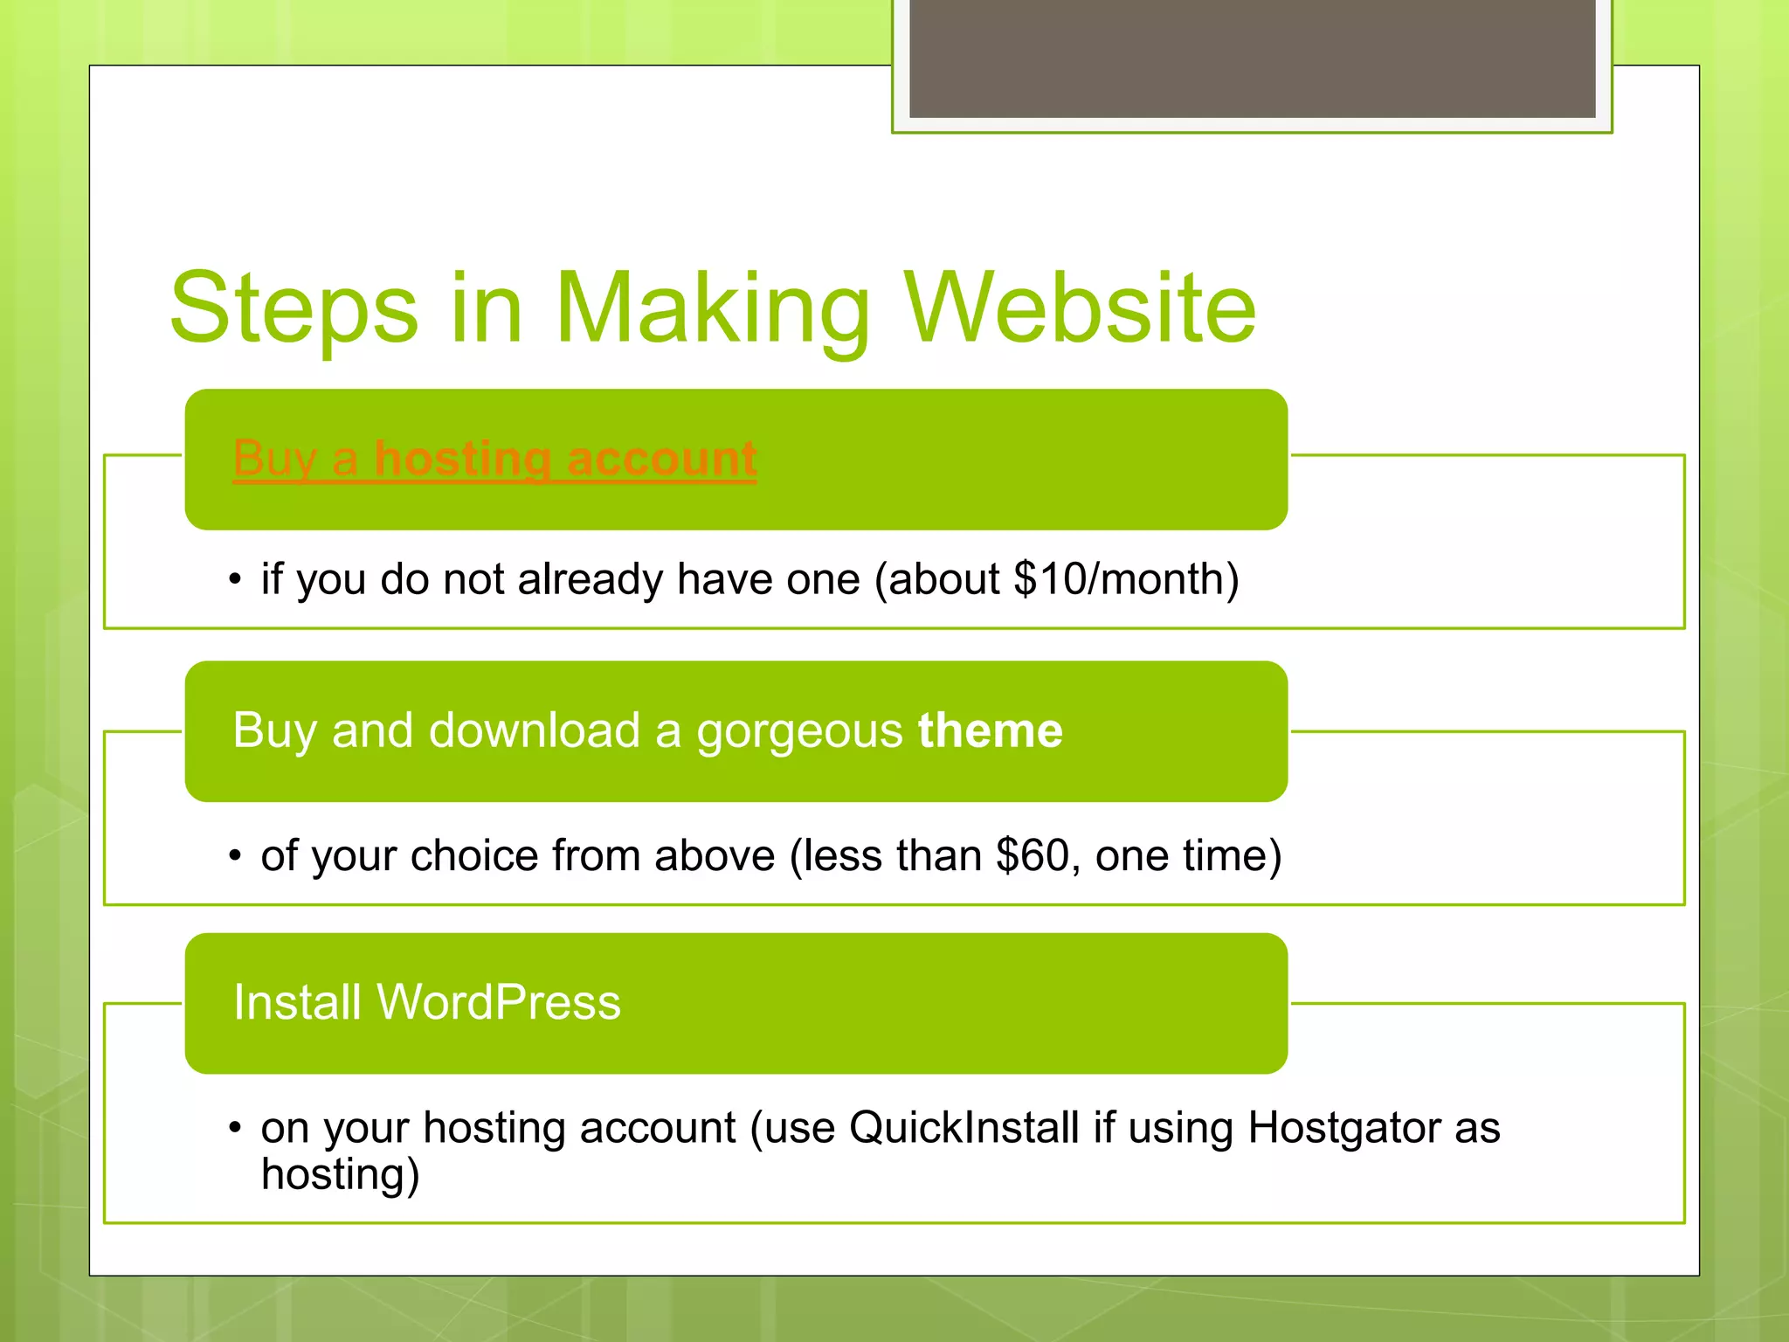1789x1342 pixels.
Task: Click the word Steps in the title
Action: [x=294, y=308]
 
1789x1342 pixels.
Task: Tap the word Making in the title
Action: [x=713, y=308]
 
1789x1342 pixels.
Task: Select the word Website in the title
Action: [x=1080, y=308]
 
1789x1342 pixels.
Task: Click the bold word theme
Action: [x=990, y=730]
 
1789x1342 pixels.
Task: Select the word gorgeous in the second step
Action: [x=798, y=732]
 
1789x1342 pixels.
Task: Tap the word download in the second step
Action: [x=535, y=730]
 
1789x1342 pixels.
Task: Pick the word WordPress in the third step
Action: [x=498, y=1002]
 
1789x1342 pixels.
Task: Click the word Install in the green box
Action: [x=297, y=1002]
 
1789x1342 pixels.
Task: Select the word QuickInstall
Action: [x=964, y=1127]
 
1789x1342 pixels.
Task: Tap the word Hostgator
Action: [x=1343, y=1127]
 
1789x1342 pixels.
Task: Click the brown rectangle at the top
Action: [x=1252, y=58]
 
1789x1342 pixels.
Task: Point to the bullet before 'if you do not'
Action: [x=234, y=579]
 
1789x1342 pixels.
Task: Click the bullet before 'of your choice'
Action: [x=234, y=855]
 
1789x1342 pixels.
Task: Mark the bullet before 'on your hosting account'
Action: [x=234, y=1127]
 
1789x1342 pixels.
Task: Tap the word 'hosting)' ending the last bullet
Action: [x=340, y=1174]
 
